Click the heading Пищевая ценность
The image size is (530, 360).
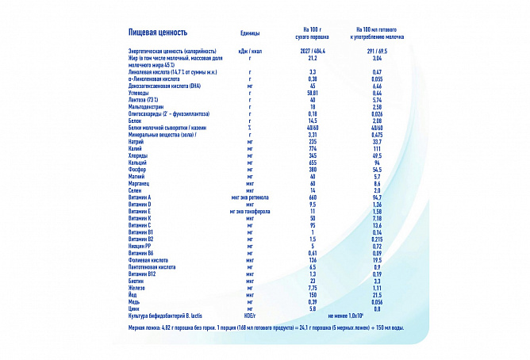[158, 33]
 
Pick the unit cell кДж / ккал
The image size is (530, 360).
[250, 51]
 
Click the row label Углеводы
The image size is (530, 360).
[140, 93]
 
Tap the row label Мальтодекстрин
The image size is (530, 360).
[148, 107]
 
